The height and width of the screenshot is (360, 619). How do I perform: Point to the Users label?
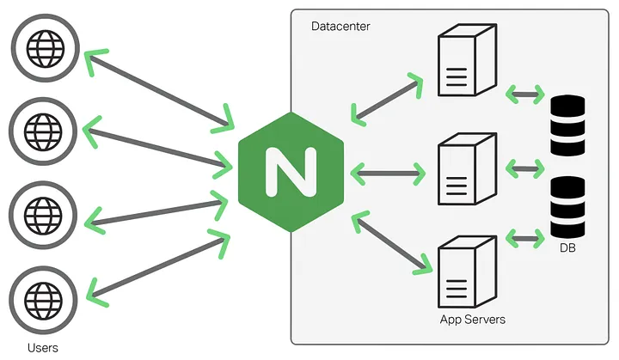(x=44, y=346)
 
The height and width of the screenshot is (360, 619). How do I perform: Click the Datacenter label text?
(x=340, y=27)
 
